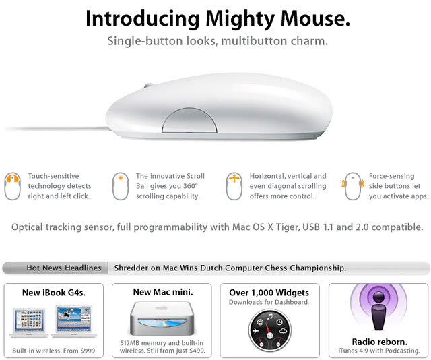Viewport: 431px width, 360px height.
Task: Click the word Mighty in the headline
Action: pyautogui.click(x=240, y=20)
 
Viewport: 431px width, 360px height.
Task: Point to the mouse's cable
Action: pyautogui.click(x=57, y=128)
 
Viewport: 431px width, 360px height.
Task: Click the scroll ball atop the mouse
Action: pyautogui.click(x=148, y=85)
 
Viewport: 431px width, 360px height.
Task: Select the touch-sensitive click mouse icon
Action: pyautogui.click(x=12, y=186)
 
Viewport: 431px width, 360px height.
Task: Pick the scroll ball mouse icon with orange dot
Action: pyautogui.click(x=121, y=186)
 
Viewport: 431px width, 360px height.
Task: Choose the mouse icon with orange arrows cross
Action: pyautogui.click(x=234, y=186)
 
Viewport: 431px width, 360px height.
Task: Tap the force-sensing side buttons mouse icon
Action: pyautogui.click(x=353, y=186)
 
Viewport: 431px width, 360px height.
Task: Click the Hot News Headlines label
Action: pyautogui.click(x=64, y=268)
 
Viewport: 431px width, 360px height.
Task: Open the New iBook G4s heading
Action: pyautogui.click(x=54, y=293)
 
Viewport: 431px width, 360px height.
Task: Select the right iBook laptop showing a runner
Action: pyautogui.click(x=73, y=321)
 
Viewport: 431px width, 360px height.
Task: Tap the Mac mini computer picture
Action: pyautogui.click(x=162, y=318)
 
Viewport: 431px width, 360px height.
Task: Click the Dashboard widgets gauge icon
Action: pyautogui.click(x=269, y=330)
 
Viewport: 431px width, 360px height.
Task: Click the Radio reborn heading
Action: pyautogui.click(x=380, y=342)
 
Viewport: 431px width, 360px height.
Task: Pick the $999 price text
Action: pyautogui.click(x=88, y=351)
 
